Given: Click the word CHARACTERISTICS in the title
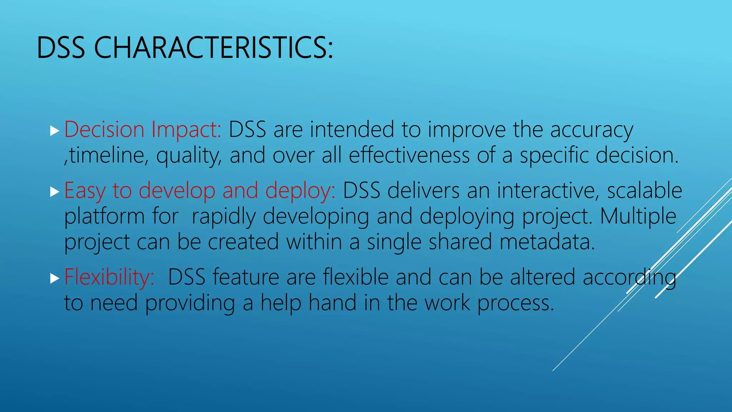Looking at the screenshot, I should coord(213,48).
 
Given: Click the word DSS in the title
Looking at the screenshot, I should coord(61,48).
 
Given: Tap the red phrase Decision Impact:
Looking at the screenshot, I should coord(143,129).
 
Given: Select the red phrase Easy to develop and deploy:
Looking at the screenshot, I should coord(200,190).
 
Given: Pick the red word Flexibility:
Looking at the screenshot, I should coord(109,277).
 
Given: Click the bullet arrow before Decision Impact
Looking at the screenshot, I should coord(54,131).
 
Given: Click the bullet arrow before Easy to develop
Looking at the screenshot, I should coord(54,192).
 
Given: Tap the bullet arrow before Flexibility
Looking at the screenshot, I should coord(54,279).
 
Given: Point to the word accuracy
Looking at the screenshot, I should coord(592,130).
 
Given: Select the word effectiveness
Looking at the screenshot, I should coord(409,156).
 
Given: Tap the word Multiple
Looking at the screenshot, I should coord(638,216).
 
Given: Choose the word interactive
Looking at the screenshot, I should coord(547,190).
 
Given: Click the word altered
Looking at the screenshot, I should coord(543,277).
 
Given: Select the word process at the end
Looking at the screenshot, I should coord(515,303).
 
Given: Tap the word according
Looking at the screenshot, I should coord(629,278).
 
